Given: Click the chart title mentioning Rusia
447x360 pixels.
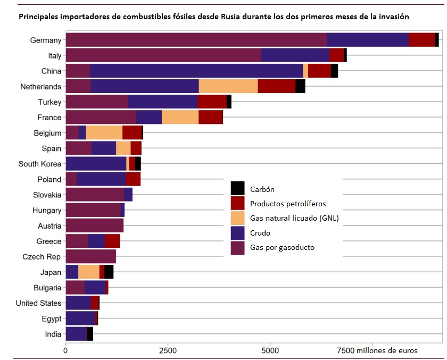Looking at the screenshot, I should pos(214,16).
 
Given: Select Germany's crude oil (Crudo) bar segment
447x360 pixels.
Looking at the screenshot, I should pos(367,40).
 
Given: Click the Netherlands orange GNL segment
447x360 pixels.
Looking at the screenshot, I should pos(228,86).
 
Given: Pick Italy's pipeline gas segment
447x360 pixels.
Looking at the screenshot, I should pos(163,55).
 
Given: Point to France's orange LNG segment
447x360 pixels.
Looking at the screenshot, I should pos(180,118).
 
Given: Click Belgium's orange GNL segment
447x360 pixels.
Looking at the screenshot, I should pos(104,133).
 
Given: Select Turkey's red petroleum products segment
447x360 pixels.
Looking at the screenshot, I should pos(212,102).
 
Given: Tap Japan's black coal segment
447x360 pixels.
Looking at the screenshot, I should pos(109,272).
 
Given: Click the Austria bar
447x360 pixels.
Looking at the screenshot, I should pos(94,226).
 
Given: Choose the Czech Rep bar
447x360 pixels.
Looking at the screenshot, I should pos(90,257).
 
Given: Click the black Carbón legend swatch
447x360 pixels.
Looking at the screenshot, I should pos(237,188).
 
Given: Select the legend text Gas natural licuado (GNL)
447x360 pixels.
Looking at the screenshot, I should pos(294,218).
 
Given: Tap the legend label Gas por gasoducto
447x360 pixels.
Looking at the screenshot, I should pos(282,248).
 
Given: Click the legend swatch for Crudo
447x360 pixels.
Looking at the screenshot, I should pos(237,233).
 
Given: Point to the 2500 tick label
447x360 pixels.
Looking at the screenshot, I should pos(168,350).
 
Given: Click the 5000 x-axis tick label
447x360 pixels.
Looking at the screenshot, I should pos(270,350).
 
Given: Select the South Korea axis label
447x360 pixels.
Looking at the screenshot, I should pos(40,164).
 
